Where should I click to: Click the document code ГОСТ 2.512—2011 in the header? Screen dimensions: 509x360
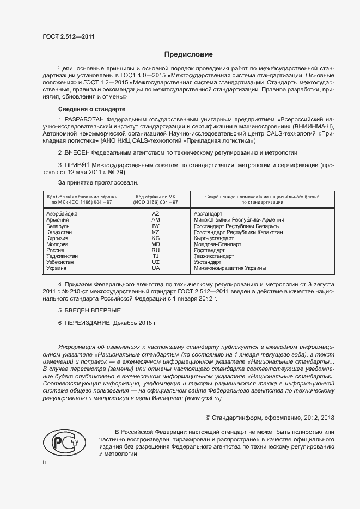point(69,37)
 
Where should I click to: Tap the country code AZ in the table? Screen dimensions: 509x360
point(156,214)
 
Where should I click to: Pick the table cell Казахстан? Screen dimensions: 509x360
point(60,232)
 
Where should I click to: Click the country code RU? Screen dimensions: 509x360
point(156,250)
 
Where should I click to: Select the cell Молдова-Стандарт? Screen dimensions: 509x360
point(217,244)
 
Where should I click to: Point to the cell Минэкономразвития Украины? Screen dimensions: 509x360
point(230,268)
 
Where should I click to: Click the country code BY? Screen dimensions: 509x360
point(156,226)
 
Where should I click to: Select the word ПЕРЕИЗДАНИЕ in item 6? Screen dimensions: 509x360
point(88,323)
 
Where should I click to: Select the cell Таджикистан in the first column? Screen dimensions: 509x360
point(63,256)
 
